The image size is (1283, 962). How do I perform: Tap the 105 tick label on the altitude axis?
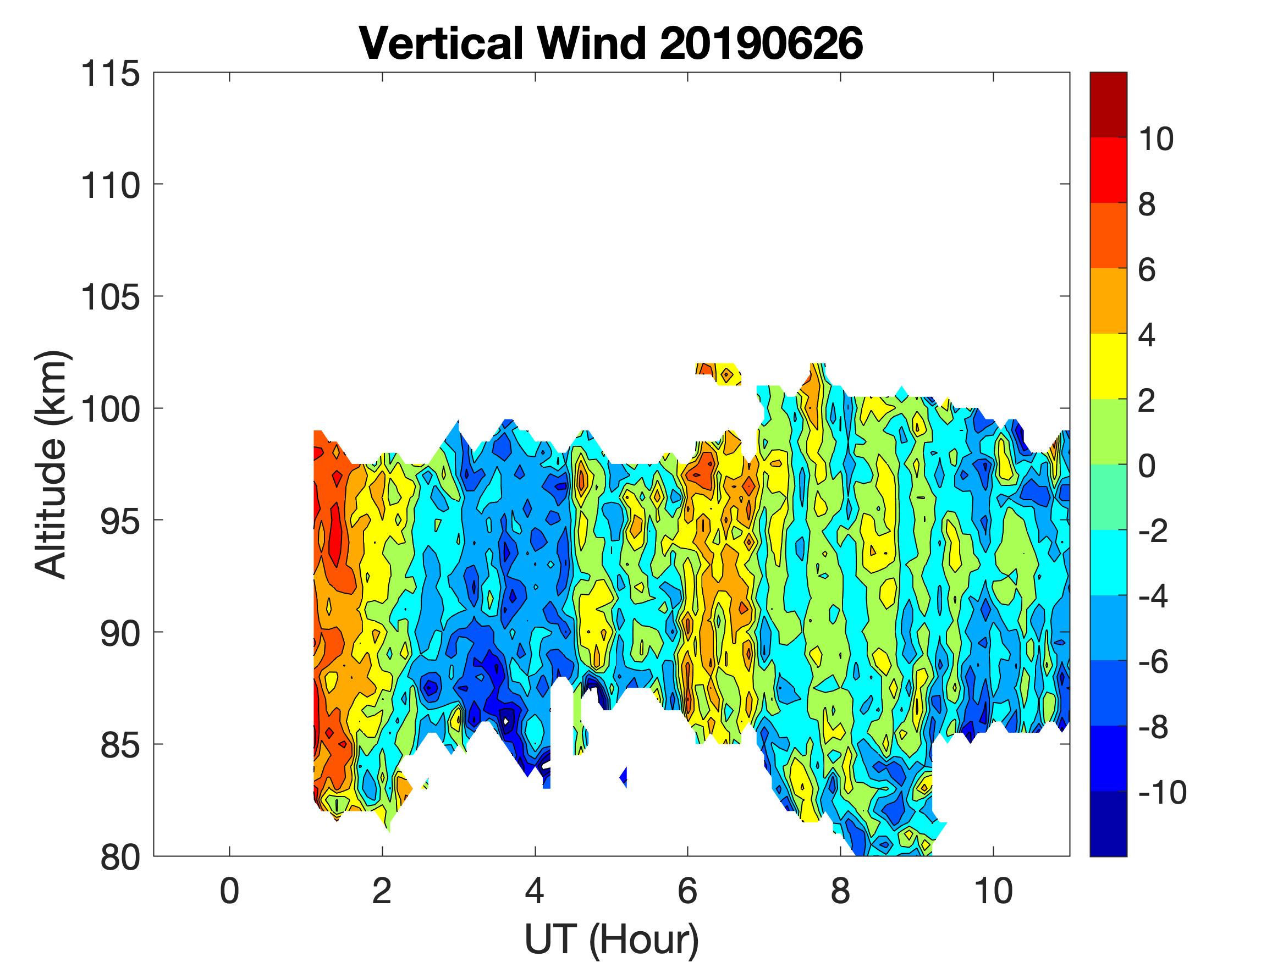coord(110,297)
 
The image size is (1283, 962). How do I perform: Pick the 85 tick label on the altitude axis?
coord(119,744)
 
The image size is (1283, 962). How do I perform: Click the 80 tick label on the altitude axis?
coord(119,858)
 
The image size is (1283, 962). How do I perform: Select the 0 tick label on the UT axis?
coord(230,891)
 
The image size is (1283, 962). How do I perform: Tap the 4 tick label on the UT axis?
coord(535,891)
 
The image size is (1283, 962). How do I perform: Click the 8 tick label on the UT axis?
coord(840,891)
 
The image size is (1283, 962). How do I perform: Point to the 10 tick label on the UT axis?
coord(993,891)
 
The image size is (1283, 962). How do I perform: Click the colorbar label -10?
coord(1163,793)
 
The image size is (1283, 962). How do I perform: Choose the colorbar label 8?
coord(1147,205)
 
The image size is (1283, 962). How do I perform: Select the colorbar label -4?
coord(1154,596)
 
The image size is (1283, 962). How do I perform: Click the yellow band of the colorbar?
coord(1108,367)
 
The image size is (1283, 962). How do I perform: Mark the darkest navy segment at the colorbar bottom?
coord(1108,823)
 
